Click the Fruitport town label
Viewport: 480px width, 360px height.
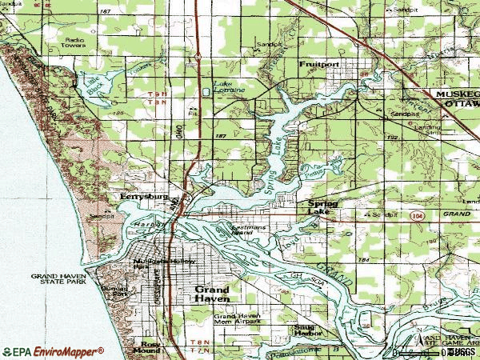314,63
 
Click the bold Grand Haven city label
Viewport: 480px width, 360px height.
213,294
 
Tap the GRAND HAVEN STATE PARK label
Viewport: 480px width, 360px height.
58,278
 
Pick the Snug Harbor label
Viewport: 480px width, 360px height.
305,330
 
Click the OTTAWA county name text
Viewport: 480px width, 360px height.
459,102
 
